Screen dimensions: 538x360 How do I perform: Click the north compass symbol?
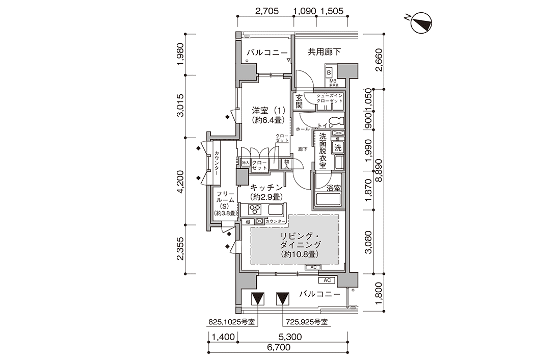[421, 23]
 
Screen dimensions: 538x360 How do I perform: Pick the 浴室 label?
[334, 188]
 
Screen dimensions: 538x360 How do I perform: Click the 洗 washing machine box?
[338, 148]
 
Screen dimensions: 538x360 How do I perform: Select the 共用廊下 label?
[324, 52]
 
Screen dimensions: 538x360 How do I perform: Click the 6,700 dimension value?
[279, 347]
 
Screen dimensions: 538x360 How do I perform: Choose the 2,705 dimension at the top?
[267, 11]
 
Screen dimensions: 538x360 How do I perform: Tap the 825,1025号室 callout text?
[232, 322]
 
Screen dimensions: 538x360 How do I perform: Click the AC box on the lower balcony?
[327, 280]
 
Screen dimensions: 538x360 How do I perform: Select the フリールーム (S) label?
[225, 203]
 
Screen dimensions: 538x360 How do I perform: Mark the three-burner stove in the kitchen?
[255, 209]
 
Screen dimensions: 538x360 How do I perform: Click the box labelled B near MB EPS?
[329, 73]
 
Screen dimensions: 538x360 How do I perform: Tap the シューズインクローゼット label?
[330, 98]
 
